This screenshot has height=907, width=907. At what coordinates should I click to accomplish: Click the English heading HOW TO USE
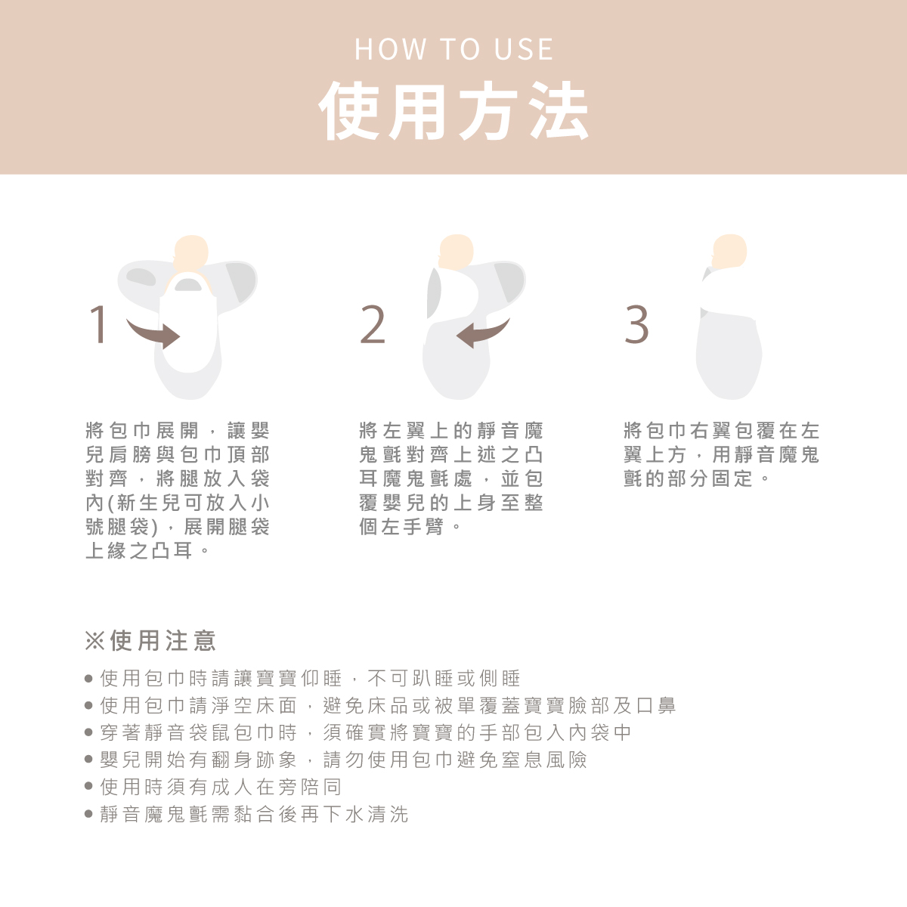(x=453, y=49)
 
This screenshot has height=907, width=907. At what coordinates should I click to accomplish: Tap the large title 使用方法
(x=453, y=110)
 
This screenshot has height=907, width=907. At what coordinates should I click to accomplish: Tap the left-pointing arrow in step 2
(x=482, y=333)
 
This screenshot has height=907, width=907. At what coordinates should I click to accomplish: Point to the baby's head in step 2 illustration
(x=456, y=252)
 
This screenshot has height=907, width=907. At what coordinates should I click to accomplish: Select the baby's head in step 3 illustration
(x=729, y=252)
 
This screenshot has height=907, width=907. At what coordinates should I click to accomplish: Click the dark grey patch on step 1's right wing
(x=241, y=281)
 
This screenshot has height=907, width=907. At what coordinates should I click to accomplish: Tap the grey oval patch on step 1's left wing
(x=141, y=277)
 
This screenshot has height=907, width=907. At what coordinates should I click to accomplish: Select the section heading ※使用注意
(x=150, y=641)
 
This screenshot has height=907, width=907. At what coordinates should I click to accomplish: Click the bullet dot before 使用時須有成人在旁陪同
(x=88, y=786)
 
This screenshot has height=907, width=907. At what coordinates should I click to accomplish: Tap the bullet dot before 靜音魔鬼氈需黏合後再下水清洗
(x=88, y=813)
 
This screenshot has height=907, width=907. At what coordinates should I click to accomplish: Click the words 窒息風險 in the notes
(x=544, y=759)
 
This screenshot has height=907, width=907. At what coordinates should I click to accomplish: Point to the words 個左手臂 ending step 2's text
(x=401, y=526)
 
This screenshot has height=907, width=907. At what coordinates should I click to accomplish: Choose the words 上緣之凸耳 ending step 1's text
(x=139, y=550)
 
